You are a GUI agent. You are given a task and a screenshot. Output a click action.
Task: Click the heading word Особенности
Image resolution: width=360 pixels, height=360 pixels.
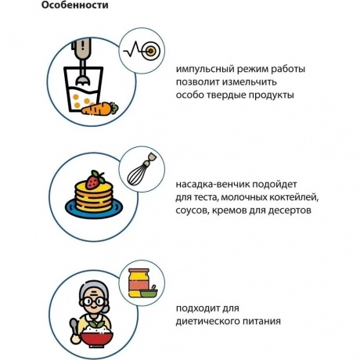coord(75,5)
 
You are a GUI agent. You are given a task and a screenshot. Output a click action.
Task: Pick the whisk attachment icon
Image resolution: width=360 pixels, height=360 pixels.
coord(142,170)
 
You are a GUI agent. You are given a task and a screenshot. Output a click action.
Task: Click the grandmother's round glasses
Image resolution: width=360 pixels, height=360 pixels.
coord(94,301)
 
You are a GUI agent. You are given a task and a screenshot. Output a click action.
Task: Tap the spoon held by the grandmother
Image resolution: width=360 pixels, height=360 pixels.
coord(74,331)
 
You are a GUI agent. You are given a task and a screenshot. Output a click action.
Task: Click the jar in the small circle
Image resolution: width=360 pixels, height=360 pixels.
coord(139,283)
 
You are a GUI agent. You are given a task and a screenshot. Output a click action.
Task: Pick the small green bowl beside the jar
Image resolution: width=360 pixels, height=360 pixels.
coord(149,293)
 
